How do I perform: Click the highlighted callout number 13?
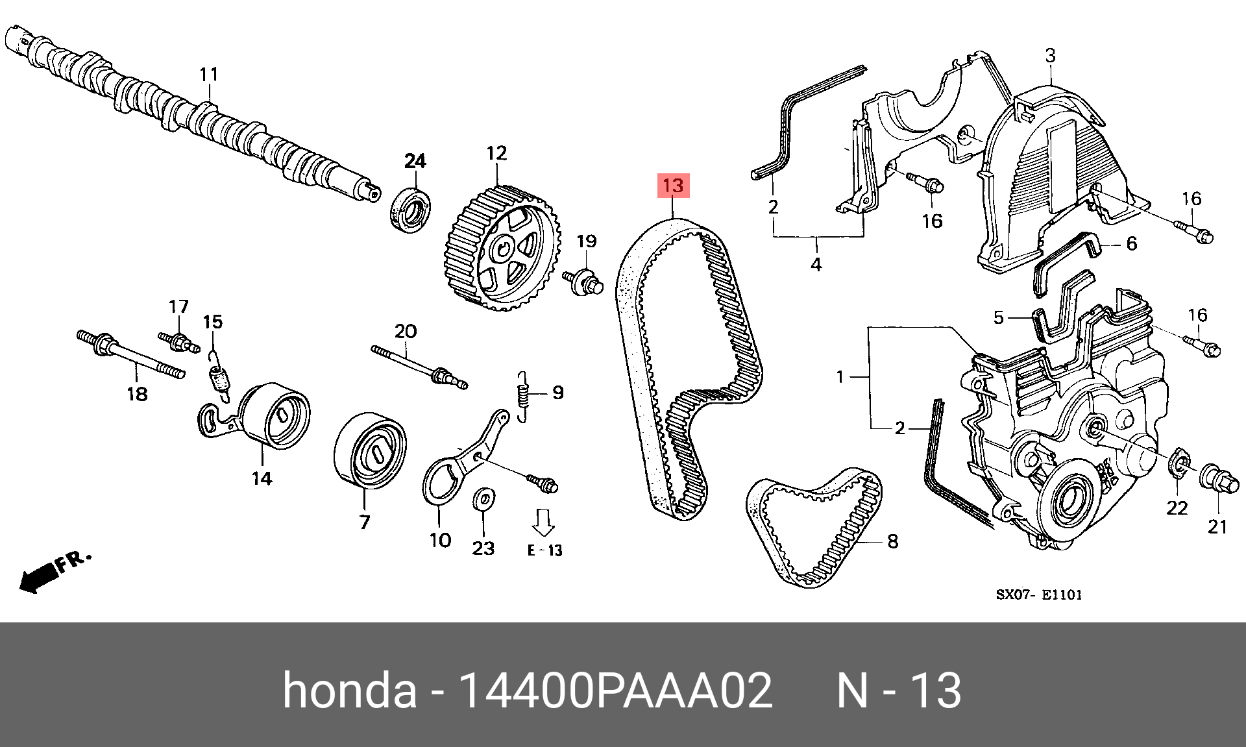tap(673, 186)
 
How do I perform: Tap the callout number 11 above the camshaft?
tap(208, 75)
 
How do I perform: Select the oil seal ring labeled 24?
tap(410, 210)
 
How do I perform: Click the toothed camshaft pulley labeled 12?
tap(502, 249)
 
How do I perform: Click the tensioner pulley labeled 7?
tap(370, 450)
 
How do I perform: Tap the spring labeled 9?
tap(523, 397)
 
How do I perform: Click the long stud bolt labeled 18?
tap(130, 354)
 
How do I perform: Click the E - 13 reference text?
tap(544, 550)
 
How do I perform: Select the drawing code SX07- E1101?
tap(1039, 594)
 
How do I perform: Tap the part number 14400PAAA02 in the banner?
tap(615, 690)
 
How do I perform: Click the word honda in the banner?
tap(349, 690)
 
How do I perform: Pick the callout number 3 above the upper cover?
tap(1050, 56)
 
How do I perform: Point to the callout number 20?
tap(406, 332)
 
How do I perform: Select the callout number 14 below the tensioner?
tap(262, 479)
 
